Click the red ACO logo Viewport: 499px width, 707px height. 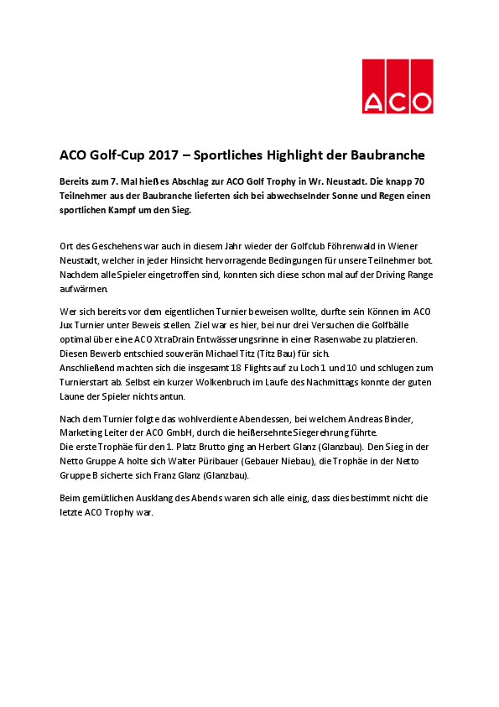[398, 86]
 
